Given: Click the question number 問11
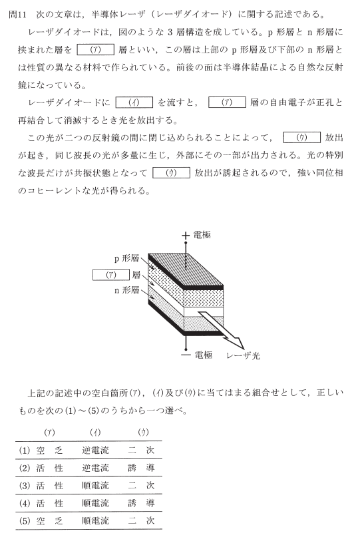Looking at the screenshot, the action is (x=17, y=14).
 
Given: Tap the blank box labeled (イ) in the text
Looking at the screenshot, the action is (x=134, y=102).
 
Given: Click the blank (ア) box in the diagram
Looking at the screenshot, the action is (x=111, y=275).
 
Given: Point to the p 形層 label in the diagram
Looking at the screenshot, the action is (x=126, y=258).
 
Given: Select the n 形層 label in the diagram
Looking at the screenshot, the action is (x=126, y=290).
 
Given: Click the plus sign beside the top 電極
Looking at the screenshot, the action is (x=186, y=236).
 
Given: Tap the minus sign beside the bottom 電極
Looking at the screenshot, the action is (x=186, y=355).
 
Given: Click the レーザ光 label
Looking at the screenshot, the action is (x=243, y=355).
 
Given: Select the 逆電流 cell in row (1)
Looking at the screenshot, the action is (x=95, y=451).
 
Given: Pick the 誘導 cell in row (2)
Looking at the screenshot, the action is (x=141, y=468).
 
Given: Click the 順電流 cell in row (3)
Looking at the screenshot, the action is (x=95, y=486).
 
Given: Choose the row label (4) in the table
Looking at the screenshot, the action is (x=25, y=503).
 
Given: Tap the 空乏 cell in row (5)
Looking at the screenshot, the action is (x=49, y=521).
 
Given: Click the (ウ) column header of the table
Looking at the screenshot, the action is (x=142, y=432).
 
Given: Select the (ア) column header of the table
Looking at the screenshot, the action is (x=49, y=432).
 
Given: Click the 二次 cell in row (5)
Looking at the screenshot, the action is (x=141, y=521).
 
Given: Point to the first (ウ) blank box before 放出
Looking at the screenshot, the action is (x=302, y=138).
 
